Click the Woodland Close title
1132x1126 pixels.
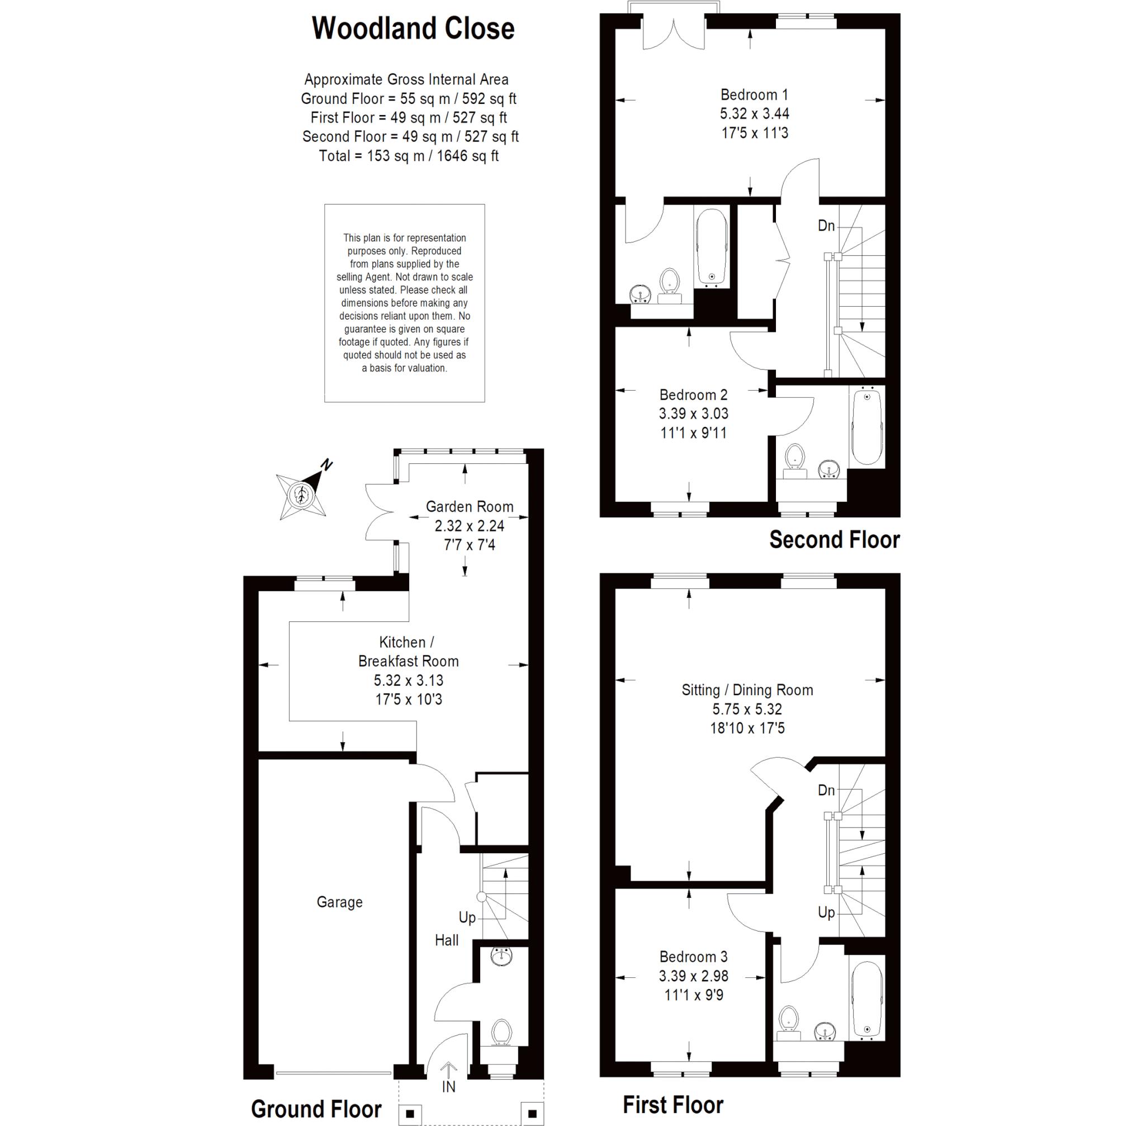pyautogui.click(x=413, y=28)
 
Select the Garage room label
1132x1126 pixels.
pyautogui.click(x=339, y=902)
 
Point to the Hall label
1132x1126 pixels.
pyautogui.click(x=447, y=940)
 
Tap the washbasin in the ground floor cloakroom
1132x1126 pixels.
pyautogui.click(x=501, y=957)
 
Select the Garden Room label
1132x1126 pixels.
pyautogui.click(x=470, y=507)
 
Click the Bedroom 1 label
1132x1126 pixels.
pyautogui.click(x=754, y=94)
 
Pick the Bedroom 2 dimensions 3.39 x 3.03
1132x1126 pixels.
pyautogui.click(x=694, y=414)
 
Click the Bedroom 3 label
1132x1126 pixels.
pyautogui.click(x=693, y=957)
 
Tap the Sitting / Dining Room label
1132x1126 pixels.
pyautogui.click(x=747, y=690)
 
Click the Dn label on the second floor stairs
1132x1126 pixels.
pyautogui.click(x=826, y=226)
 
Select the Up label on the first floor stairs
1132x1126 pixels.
pyautogui.click(x=826, y=912)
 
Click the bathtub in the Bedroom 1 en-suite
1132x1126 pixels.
pyautogui.click(x=712, y=246)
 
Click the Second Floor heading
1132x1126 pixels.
pyautogui.click(x=835, y=540)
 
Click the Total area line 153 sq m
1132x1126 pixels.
pyautogui.click(x=409, y=156)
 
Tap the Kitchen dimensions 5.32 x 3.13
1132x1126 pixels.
pyautogui.click(x=409, y=681)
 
